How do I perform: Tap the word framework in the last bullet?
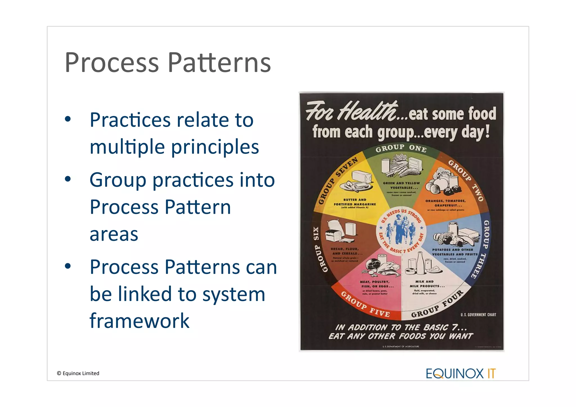point(139,321)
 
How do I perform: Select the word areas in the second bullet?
point(114,234)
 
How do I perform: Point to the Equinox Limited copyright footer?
point(78,373)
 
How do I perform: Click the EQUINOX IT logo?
point(460,374)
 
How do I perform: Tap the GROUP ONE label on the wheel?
point(401,148)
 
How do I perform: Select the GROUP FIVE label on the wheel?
point(365,305)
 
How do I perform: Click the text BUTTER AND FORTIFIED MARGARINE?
point(355,203)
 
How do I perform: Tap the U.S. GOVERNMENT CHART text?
point(478,315)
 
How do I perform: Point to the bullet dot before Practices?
point(68,120)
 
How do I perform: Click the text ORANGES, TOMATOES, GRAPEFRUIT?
point(445,203)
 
